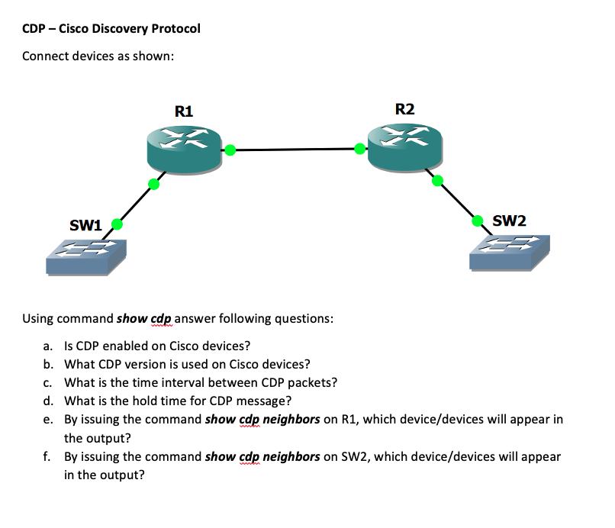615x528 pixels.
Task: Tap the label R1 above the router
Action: (184, 111)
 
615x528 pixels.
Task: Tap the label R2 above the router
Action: (405, 108)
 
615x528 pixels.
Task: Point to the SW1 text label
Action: (85, 225)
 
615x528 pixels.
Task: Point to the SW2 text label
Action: (509, 221)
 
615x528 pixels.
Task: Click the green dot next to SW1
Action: (118, 224)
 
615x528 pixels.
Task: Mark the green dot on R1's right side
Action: (228, 150)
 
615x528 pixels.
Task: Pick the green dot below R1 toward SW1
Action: (154, 184)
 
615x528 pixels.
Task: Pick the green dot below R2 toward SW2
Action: (437, 181)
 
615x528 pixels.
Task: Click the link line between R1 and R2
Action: (294, 150)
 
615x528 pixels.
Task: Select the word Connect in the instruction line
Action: (46, 56)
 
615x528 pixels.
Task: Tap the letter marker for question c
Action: (48, 383)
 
